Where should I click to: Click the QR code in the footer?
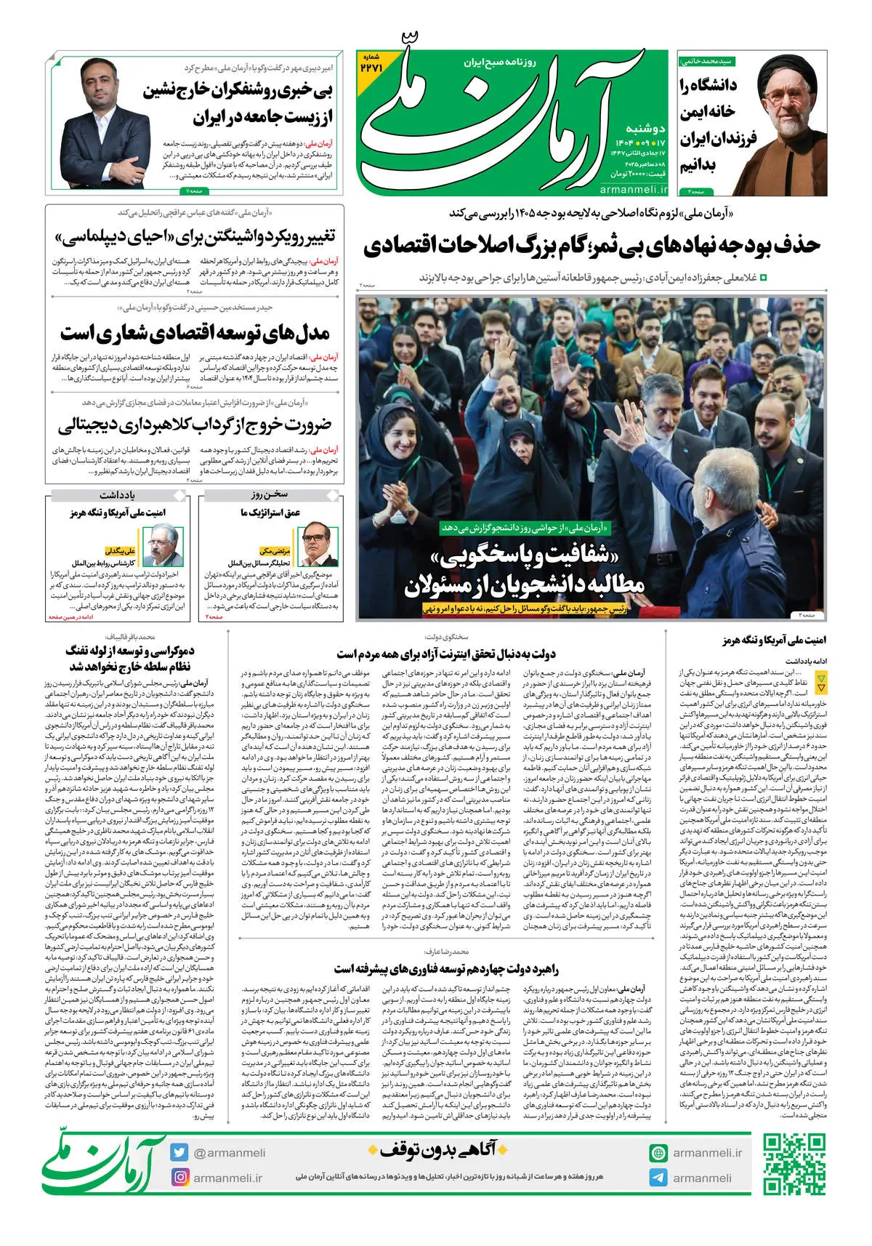coord(794,1164)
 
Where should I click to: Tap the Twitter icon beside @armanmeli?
coord(179,1152)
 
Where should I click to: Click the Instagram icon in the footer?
coord(179,1177)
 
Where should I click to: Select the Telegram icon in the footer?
coord(658,1178)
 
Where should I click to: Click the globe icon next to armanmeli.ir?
coord(658,1152)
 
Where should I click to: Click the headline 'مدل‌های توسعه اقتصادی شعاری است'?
coord(195,333)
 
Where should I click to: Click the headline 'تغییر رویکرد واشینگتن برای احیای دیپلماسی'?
coord(195,238)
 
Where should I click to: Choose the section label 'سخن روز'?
coord(270,495)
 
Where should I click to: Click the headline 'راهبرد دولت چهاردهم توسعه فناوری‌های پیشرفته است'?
coord(446,969)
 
